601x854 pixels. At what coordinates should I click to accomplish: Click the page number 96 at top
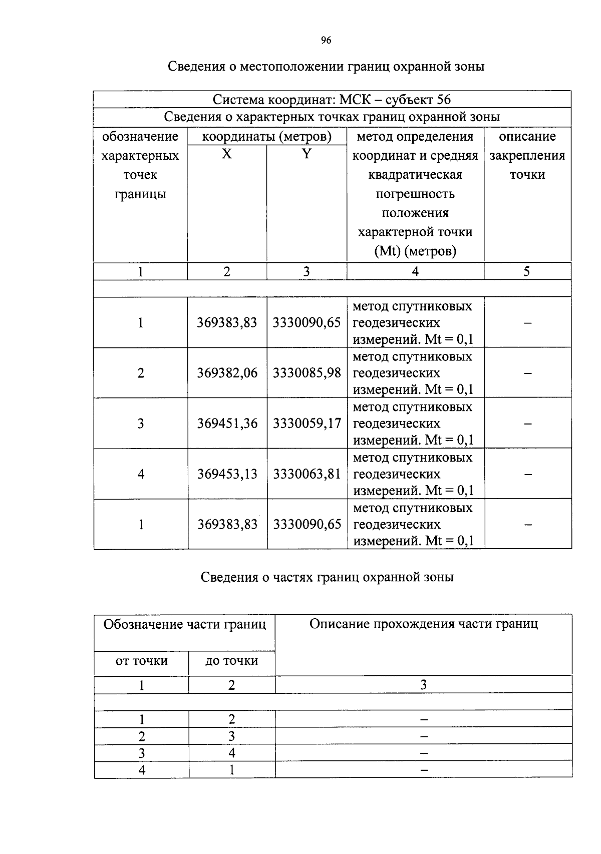point(326,41)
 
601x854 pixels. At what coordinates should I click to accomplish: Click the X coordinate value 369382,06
point(227,373)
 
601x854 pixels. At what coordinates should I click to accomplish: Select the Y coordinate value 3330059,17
point(307,423)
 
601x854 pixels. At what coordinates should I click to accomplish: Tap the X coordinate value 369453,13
point(227,474)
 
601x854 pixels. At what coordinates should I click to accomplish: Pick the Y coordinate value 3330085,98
point(307,373)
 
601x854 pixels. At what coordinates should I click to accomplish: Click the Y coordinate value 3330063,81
point(307,474)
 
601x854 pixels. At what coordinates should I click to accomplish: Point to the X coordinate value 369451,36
point(227,423)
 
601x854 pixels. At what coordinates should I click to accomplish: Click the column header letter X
point(227,154)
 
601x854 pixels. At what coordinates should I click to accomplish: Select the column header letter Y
point(307,154)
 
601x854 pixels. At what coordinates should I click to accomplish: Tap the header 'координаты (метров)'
point(266,137)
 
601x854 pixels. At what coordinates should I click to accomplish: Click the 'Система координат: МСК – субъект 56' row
point(332,99)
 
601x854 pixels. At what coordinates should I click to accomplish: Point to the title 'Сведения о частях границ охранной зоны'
point(327,577)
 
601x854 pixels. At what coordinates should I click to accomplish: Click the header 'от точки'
point(141,661)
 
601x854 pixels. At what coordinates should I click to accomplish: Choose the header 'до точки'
point(231,661)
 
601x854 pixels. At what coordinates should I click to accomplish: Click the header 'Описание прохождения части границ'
point(423,624)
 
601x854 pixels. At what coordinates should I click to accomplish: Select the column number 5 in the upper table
point(527,271)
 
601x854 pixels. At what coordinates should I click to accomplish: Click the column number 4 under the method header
point(415,271)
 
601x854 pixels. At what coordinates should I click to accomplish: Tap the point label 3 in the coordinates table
point(141,423)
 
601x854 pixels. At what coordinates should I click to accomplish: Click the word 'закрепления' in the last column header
point(527,156)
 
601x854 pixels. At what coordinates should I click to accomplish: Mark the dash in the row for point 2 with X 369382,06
point(527,373)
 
